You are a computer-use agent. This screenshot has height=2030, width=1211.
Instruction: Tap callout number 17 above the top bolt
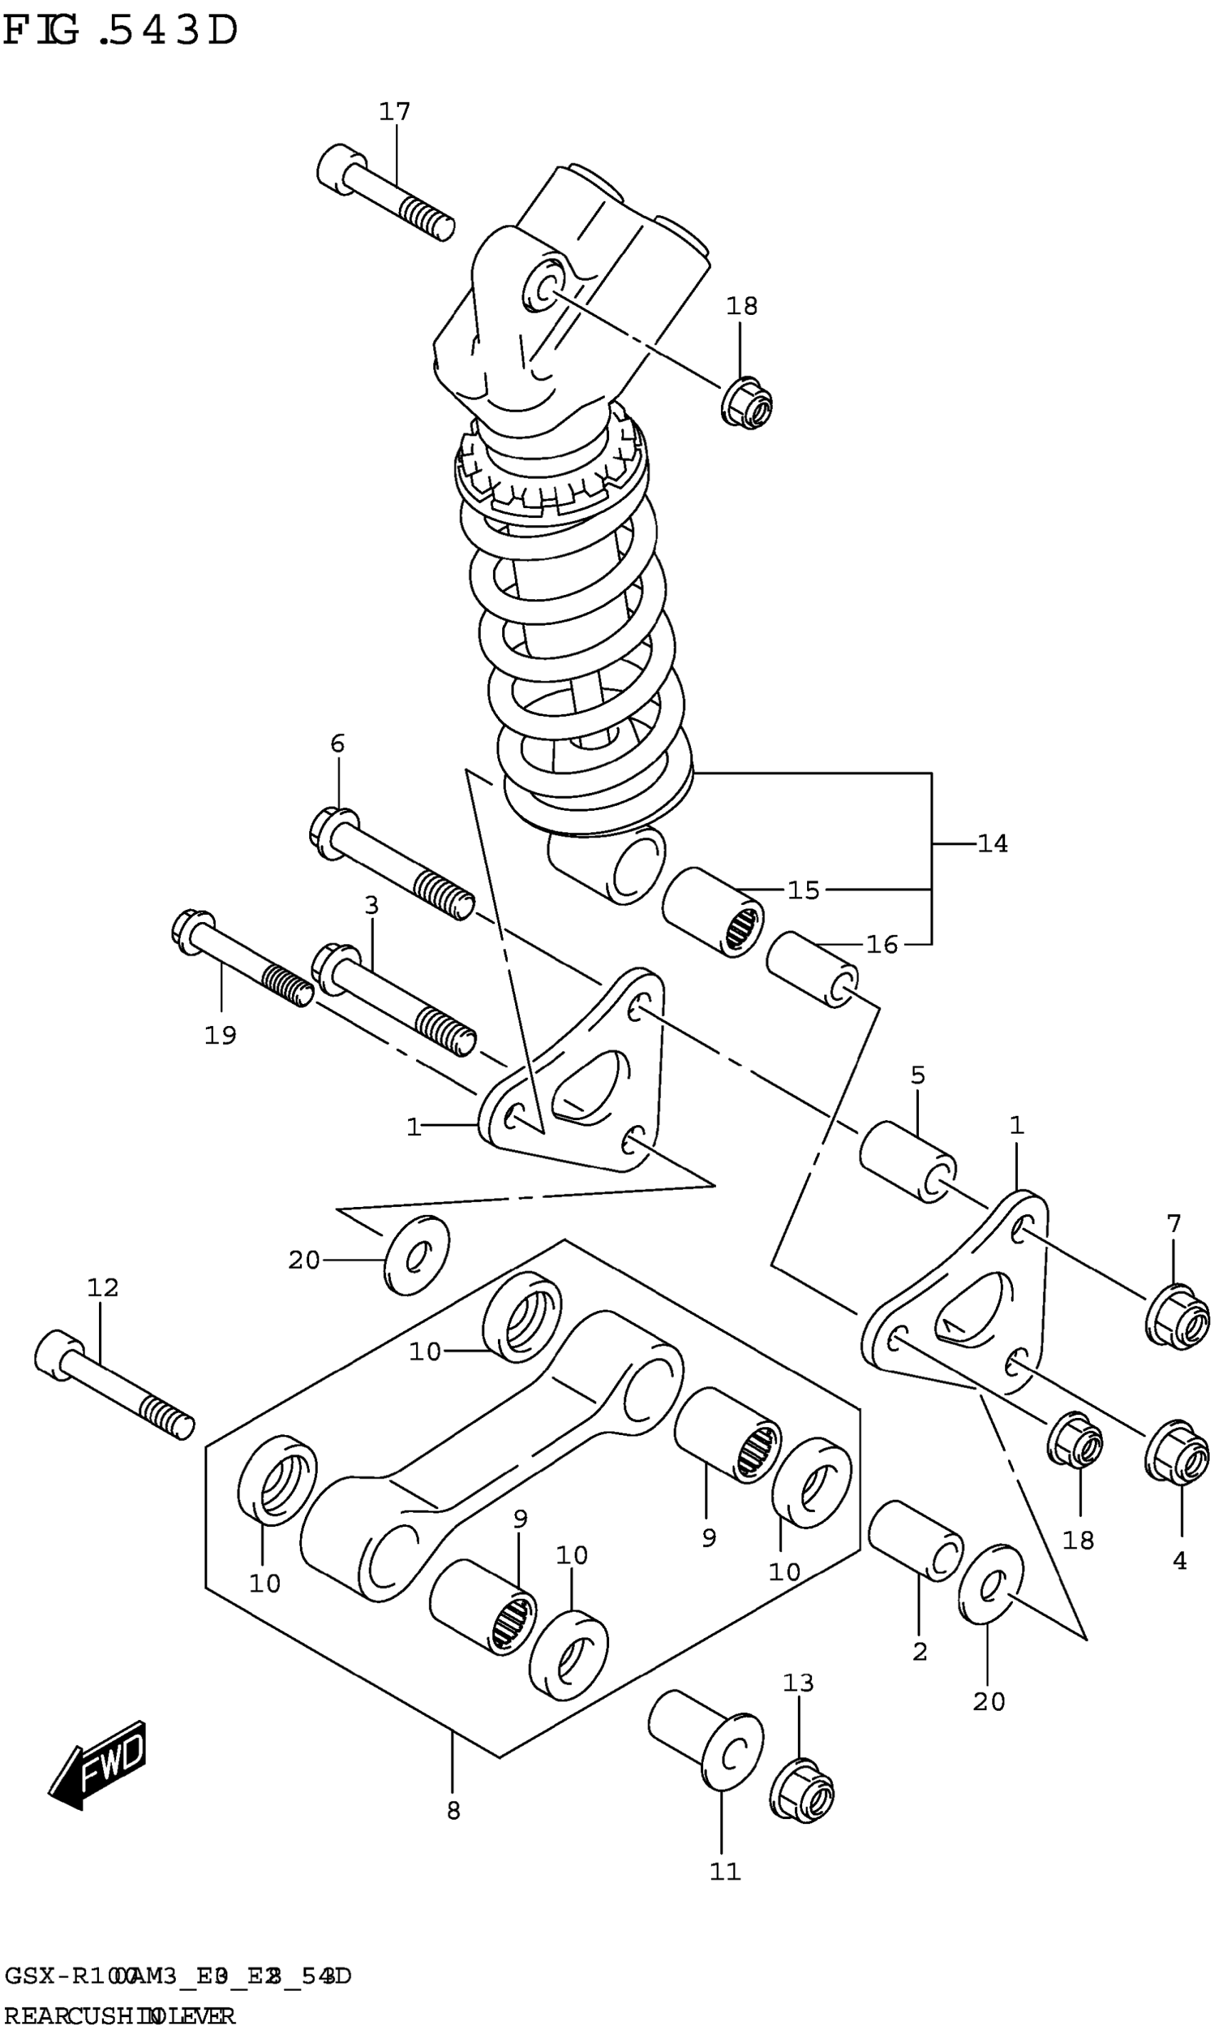pyautogui.click(x=394, y=111)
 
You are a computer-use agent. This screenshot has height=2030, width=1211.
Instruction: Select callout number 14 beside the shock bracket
pyautogui.click(x=992, y=843)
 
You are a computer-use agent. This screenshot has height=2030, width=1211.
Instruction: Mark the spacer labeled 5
pyautogui.click(x=908, y=1162)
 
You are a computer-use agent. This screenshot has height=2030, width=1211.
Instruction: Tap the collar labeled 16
pyautogui.click(x=812, y=969)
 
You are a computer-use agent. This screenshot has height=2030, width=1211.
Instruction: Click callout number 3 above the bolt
pyautogui.click(x=371, y=905)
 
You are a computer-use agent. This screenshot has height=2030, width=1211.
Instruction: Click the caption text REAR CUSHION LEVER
pyautogui.click(x=120, y=2014)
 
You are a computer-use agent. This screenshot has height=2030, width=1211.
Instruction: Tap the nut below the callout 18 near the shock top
pyautogui.click(x=747, y=403)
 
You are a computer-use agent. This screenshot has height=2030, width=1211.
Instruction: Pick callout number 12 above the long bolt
pyautogui.click(x=103, y=1288)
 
